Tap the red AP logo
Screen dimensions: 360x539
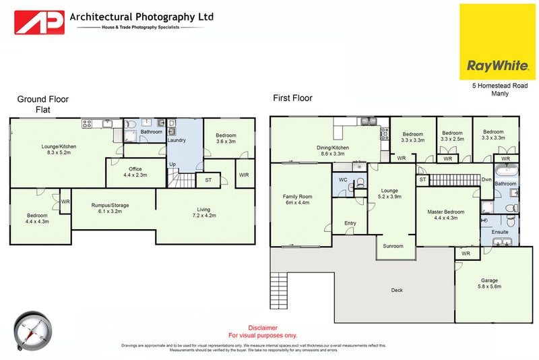[40, 22]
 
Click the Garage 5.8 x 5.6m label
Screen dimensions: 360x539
[489, 283]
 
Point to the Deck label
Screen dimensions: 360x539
[398, 291]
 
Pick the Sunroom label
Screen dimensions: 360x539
[393, 246]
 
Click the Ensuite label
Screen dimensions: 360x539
[500, 232]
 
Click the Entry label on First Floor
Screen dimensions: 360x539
[350, 223]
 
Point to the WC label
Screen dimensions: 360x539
[343, 180]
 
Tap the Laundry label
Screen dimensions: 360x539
[177, 140]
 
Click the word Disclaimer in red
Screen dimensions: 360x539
[263, 328]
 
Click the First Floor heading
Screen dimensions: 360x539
[292, 98]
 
